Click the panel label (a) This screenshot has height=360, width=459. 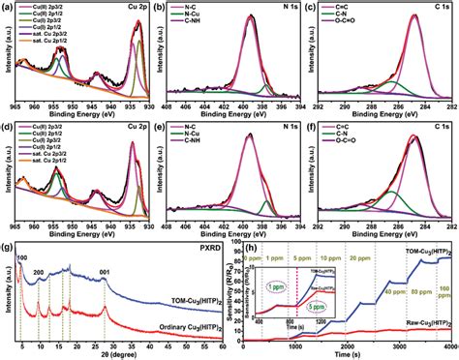click(x=9, y=8)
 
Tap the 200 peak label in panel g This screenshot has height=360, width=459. click(x=39, y=274)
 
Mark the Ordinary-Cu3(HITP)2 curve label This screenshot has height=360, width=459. click(x=169, y=329)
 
